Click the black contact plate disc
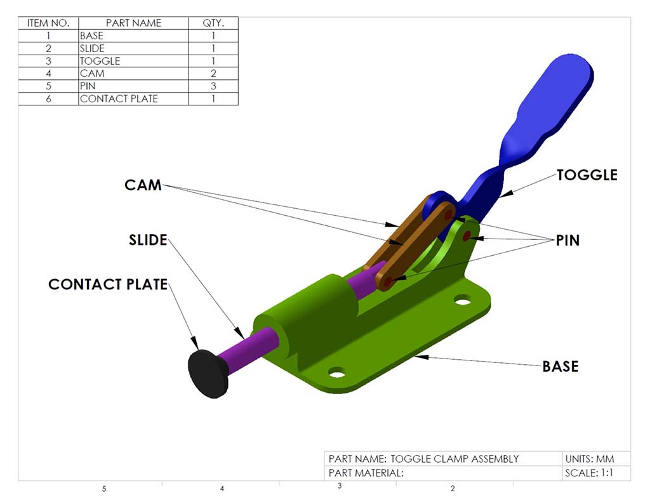[208, 373]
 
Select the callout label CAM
[143, 185]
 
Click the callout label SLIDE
[148, 241]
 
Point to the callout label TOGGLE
[587, 175]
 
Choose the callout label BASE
[560, 366]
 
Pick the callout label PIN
[567, 241]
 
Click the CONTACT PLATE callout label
[108, 284]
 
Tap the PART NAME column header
[133, 23]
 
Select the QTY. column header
[213, 23]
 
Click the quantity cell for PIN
[213, 86]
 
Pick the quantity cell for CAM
[213, 74]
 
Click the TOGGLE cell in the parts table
[100, 61]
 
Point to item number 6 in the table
[48, 99]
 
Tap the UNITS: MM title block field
[588, 459]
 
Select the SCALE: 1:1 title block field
[588, 473]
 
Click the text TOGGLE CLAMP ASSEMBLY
[454, 459]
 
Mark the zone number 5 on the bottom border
[103, 489]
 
